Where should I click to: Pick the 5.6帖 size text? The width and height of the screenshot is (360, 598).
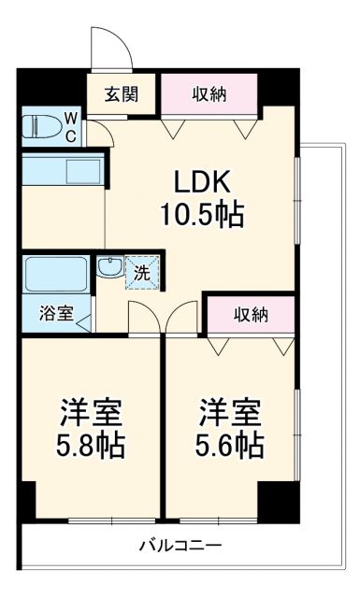coord(229,443)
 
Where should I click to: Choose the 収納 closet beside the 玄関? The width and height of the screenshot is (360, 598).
coord(208,93)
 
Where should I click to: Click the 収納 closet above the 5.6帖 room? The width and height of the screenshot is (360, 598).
coord(250,315)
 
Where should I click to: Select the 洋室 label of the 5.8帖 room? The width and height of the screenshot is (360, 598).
coord(91,410)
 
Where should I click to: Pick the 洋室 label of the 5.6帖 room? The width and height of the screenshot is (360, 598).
coord(229,410)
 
